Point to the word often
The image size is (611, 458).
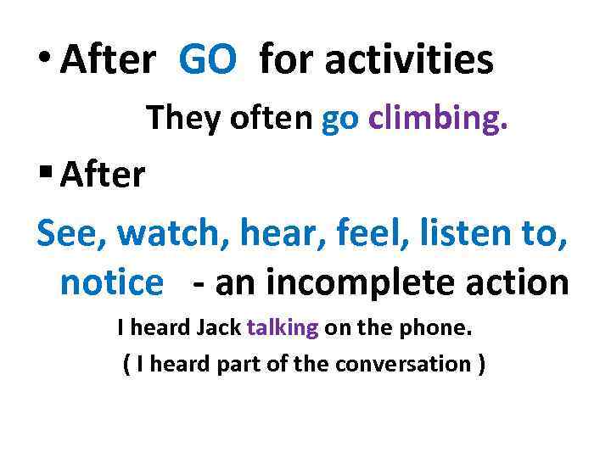pyautogui.click(x=269, y=120)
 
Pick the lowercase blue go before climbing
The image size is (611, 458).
pyautogui.click(x=341, y=121)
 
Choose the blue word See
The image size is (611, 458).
pyautogui.click(x=70, y=230)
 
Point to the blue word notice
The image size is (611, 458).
pyautogui.click(x=110, y=283)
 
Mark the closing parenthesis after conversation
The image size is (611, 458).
pyautogui.click(x=481, y=365)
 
